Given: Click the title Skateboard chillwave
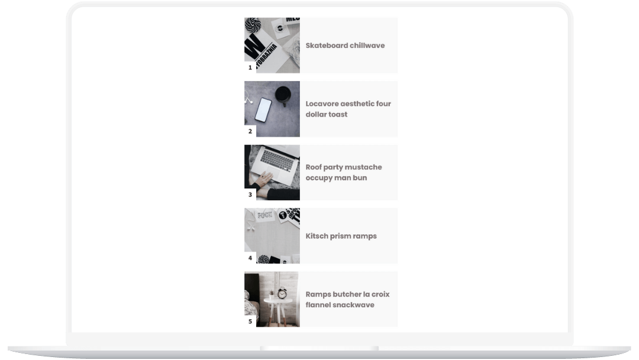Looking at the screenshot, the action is click(345, 45).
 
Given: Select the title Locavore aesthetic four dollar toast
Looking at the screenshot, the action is click(348, 109).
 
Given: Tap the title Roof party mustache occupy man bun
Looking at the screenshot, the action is click(344, 172).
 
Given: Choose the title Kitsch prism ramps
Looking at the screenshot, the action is click(341, 236).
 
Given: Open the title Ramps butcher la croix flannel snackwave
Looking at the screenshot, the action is click(348, 299).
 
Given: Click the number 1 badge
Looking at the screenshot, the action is click(250, 67).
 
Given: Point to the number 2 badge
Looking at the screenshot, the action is click(250, 131).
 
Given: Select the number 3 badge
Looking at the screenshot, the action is click(250, 195).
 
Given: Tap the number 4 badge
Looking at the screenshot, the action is click(250, 258).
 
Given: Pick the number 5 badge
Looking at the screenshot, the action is click(250, 322).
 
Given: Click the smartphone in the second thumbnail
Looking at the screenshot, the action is click(263, 110).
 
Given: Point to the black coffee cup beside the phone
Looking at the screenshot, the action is click(283, 95).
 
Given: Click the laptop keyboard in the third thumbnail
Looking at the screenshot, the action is click(277, 160).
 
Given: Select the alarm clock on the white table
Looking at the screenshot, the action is click(282, 292).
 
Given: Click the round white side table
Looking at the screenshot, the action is click(278, 310).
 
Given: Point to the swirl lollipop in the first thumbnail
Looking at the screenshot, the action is click(253, 25).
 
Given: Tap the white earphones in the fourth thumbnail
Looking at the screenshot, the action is click(250, 224).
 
